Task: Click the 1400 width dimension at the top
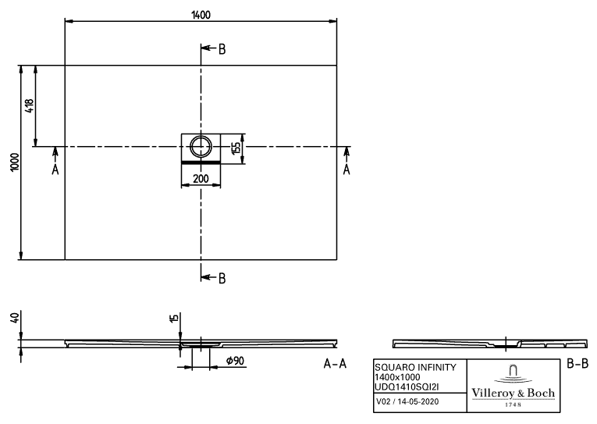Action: pyautogui.click(x=201, y=15)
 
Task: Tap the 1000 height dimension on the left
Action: pyautogui.click(x=15, y=162)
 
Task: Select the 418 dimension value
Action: pyautogui.click(x=30, y=106)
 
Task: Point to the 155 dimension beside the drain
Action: pyautogui.click(x=236, y=148)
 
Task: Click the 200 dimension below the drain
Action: pyautogui.click(x=201, y=178)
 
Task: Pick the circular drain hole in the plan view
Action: pyautogui.click(x=201, y=146)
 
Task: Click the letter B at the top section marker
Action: pyautogui.click(x=222, y=49)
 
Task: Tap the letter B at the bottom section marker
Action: pyautogui.click(x=222, y=279)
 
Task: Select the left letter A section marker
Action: pyautogui.click(x=55, y=169)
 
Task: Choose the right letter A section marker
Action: pyautogui.click(x=346, y=169)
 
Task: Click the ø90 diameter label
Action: pyautogui.click(x=236, y=361)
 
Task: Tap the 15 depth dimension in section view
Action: pyautogui.click(x=174, y=319)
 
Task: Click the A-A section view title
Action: pyautogui.click(x=335, y=364)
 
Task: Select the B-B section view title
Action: pyautogui.click(x=577, y=363)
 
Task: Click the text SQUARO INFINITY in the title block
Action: pyautogui.click(x=415, y=367)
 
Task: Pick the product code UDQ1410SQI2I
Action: pyautogui.click(x=407, y=387)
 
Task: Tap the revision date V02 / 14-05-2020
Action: pyautogui.click(x=407, y=401)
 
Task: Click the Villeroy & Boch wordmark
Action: pyautogui.click(x=513, y=393)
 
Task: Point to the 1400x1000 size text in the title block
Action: pyautogui.click(x=397, y=377)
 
